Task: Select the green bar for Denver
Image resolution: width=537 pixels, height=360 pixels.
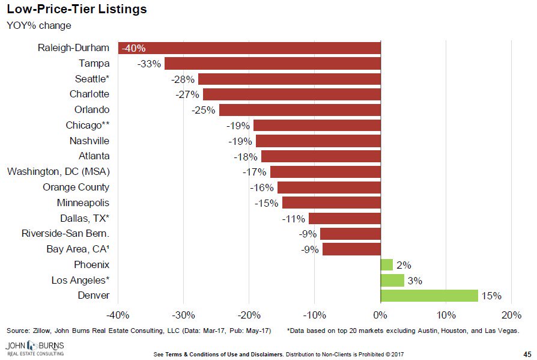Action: click(429, 296)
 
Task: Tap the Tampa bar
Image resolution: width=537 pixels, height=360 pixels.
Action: click(272, 64)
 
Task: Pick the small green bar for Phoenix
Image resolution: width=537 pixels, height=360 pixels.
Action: click(386, 264)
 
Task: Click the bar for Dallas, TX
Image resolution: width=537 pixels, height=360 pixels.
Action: click(344, 218)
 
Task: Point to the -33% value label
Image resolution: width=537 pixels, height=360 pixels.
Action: click(149, 64)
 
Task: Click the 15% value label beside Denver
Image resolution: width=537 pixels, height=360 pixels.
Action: click(491, 296)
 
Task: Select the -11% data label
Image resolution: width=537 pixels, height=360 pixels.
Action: click(293, 218)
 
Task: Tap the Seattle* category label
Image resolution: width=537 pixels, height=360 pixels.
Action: click(92, 79)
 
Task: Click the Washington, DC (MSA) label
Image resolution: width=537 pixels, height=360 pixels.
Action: click(58, 172)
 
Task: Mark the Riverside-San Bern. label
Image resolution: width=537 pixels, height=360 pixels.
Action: click(65, 234)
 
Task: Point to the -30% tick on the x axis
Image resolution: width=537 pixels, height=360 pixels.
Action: click(183, 316)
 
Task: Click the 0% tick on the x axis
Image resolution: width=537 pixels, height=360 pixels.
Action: click(380, 316)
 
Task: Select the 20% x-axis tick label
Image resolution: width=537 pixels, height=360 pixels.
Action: click(511, 316)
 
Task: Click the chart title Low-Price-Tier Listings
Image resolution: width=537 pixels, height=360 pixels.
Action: click(76, 10)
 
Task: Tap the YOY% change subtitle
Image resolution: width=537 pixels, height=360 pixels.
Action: click(39, 25)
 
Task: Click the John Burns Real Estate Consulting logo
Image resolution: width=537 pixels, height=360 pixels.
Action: click(35, 349)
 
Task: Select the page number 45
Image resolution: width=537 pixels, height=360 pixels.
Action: click(527, 354)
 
